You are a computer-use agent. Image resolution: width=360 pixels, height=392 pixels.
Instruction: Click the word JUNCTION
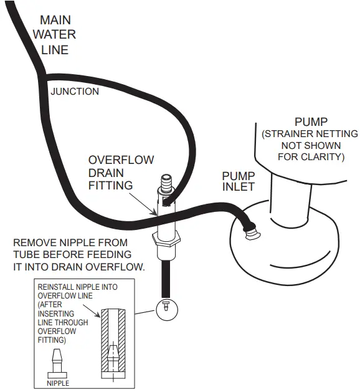coord(75,92)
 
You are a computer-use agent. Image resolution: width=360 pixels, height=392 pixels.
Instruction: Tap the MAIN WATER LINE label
coord(54,35)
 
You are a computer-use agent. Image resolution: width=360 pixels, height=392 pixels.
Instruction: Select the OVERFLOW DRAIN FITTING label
coord(120,173)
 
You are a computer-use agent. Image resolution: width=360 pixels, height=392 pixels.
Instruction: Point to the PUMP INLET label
coord(239,183)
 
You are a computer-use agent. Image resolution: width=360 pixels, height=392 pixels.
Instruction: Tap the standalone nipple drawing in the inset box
coord(58,364)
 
